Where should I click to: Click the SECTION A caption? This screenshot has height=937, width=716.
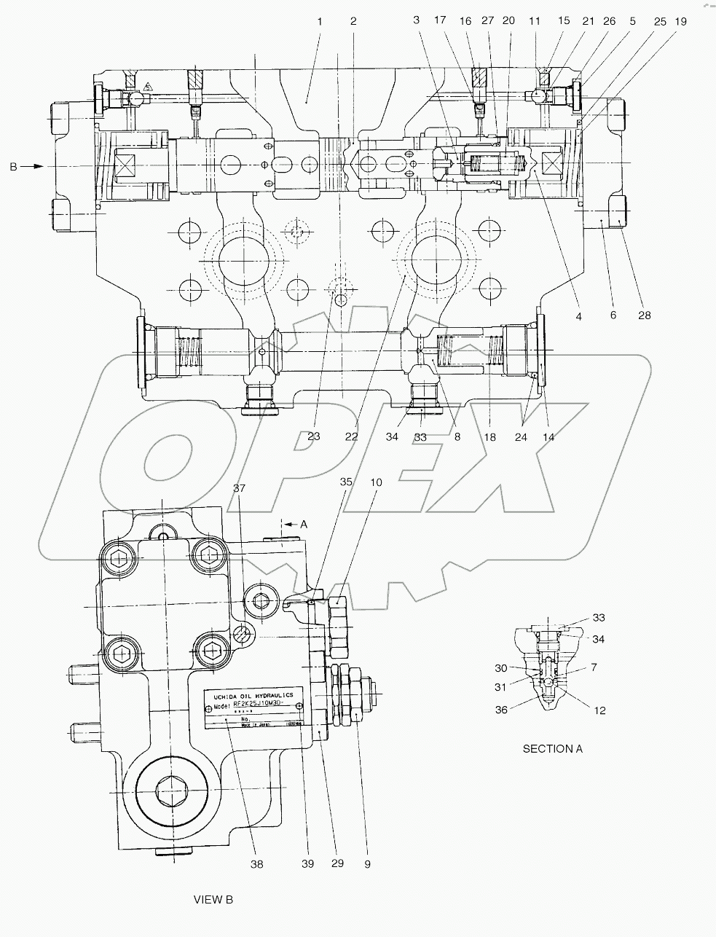point(552,748)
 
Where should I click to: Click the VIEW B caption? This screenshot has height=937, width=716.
point(213,900)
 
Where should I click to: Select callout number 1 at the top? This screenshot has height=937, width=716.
point(319,21)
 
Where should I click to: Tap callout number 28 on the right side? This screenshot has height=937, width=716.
point(644,315)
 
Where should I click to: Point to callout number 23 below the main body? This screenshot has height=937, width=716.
point(313,437)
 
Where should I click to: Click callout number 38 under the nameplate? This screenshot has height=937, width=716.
point(256,864)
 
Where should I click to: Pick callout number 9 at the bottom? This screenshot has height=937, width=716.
point(367,864)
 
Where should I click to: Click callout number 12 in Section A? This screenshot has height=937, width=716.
point(599,710)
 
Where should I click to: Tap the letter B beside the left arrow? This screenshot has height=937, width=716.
point(12,167)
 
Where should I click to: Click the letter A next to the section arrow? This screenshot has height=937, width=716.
point(304,524)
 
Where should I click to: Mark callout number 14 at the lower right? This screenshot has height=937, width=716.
point(548,437)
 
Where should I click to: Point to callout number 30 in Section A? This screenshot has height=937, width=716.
point(500,668)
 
